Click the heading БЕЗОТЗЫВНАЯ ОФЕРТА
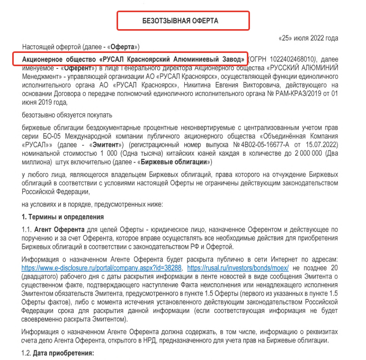[x=182, y=21]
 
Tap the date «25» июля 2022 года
[x=308, y=39]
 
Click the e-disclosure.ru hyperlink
[x=102, y=268]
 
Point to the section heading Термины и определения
[x=66, y=218]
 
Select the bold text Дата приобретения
[x=64, y=353]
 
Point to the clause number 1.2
[x=26, y=353]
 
